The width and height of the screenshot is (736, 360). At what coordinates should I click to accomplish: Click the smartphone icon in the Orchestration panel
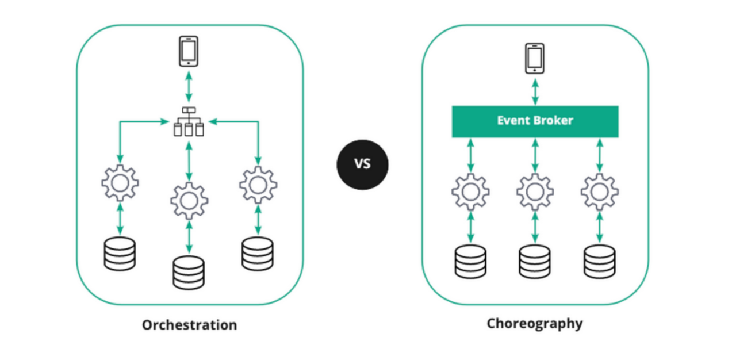[x=189, y=51]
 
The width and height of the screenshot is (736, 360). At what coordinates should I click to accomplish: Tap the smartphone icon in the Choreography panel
[x=535, y=58]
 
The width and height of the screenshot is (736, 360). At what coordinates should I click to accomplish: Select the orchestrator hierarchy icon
[x=189, y=122]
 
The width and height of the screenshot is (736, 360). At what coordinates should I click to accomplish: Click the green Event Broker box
[x=535, y=121]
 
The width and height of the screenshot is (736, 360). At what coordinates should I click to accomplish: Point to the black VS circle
[x=362, y=164]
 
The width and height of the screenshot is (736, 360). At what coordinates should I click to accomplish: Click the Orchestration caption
[x=189, y=325]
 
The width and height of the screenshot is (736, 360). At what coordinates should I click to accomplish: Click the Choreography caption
[x=534, y=323]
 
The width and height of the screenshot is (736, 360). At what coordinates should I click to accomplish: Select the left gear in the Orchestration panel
[x=120, y=183]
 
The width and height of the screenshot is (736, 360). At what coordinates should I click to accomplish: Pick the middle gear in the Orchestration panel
[x=189, y=201]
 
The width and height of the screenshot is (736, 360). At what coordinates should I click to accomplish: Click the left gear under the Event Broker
[x=470, y=192]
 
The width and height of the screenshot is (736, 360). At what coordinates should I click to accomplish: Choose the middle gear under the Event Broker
[x=535, y=192]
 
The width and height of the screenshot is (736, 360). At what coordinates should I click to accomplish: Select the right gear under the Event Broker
[x=599, y=192]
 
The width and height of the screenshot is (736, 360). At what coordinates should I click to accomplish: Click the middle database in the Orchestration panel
[x=189, y=272]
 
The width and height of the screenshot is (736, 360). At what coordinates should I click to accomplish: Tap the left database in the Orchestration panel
[x=120, y=254]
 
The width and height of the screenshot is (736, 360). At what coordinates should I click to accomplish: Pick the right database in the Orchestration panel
[x=258, y=254]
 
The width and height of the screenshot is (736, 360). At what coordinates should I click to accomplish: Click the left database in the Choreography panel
[x=470, y=262]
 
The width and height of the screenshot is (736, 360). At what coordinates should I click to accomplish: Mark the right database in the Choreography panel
[x=599, y=262]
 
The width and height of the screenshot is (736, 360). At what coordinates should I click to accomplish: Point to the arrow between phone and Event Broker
[x=535, y=91]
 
